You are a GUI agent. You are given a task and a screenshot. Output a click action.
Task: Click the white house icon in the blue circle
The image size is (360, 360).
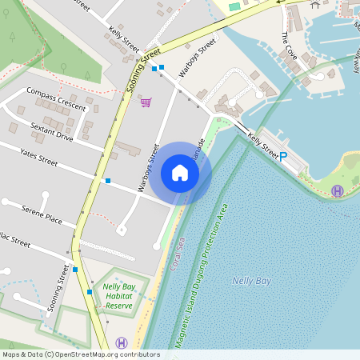pyautogui.click(x=180, y=173)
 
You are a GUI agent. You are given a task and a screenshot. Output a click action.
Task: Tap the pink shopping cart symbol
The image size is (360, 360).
pyautogui.click(x=146, y=102)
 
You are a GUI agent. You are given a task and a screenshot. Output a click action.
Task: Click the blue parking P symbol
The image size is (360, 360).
pyautogui.click(x=283, y=157)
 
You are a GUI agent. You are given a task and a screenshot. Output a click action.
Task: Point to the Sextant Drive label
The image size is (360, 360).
pyautogui.click(x=51, y=132)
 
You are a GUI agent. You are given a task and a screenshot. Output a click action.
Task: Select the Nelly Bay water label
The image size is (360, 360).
pyautogui.click(x=250, y=281)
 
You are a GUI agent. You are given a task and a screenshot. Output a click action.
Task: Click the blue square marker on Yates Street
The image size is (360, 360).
pyautogui.click(x=108, y=182)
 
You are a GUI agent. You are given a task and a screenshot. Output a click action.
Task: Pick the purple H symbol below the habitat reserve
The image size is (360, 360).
pyautogui.click(x=121, y=342)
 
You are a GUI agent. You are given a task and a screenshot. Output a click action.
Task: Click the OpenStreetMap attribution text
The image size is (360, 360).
pyautogui.click(x=81, y=354)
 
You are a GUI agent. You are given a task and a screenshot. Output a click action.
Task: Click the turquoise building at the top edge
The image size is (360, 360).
pyautogui.click(x=234, y=6)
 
